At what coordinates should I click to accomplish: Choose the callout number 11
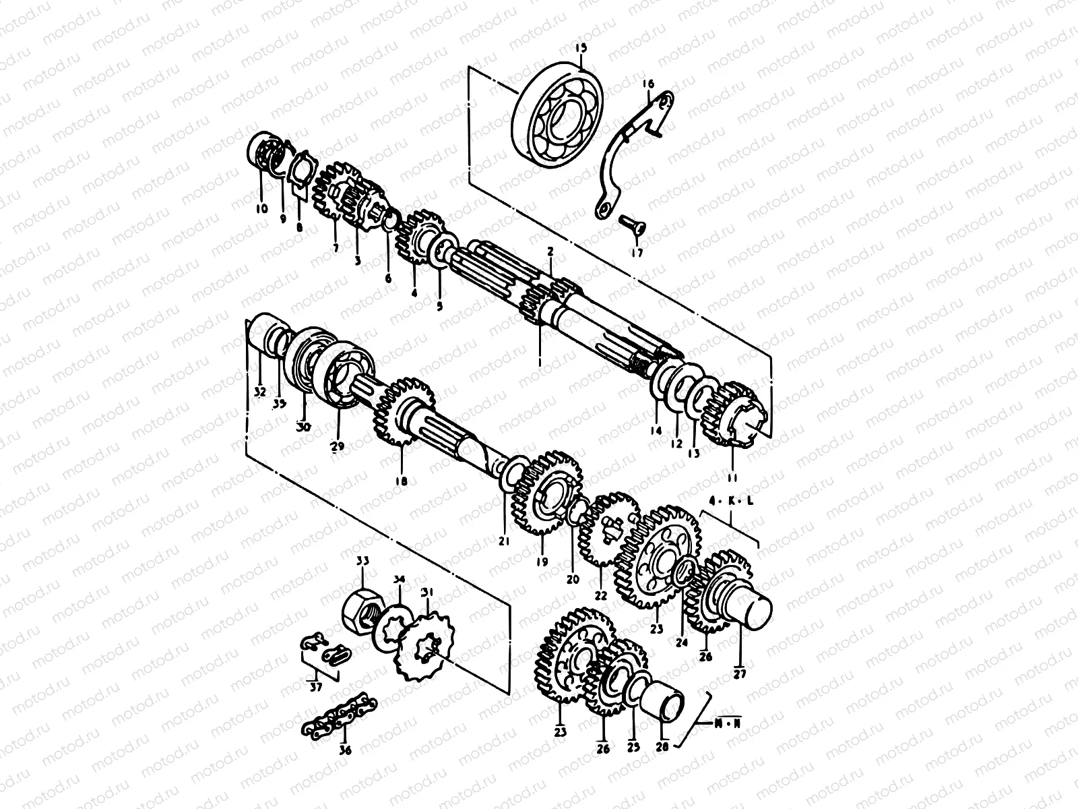(x=732, y=477)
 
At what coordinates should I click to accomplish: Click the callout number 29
(x=337, y=446)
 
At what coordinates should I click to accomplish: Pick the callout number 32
(x=261, y=392)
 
